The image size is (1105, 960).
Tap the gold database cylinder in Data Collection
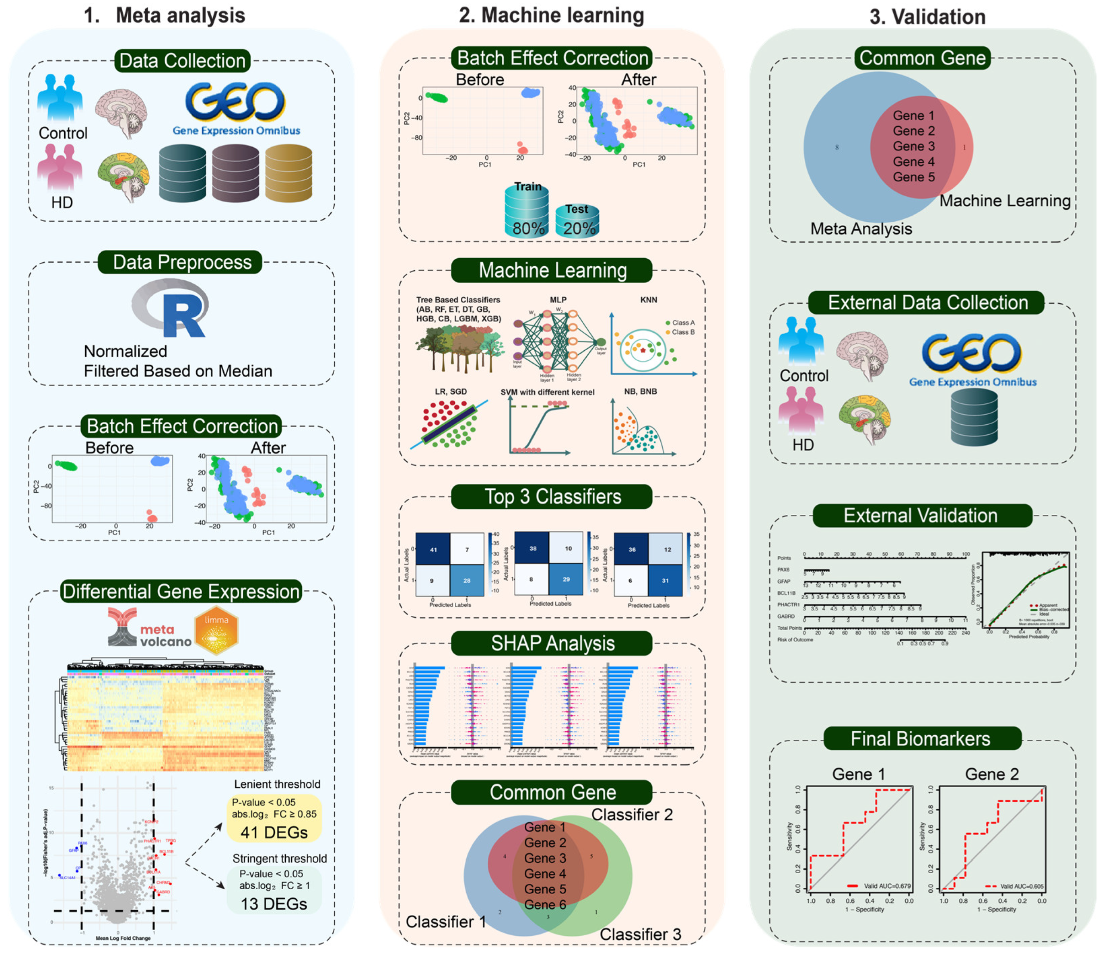[x=289, y=173]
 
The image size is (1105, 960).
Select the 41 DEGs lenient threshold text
[x=274, y=833]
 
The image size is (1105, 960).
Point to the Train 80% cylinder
[x=527, y=212]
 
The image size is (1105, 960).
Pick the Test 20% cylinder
[x=577, y=221]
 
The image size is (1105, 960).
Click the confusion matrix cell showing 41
[x=433, y=550]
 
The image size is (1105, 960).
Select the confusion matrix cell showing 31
[x=665, y=580]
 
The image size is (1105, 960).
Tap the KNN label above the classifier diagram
[x=648, y=300]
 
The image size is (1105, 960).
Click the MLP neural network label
[x=558, y=300]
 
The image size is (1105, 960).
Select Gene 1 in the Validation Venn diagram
[x=913, y=116]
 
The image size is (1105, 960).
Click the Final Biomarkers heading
[x=920, y=739]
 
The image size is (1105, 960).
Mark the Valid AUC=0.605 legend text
[x=1021, y=887]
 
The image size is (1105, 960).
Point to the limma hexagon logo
[x=217, y=631]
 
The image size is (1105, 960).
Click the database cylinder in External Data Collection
[x=974, y=418]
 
